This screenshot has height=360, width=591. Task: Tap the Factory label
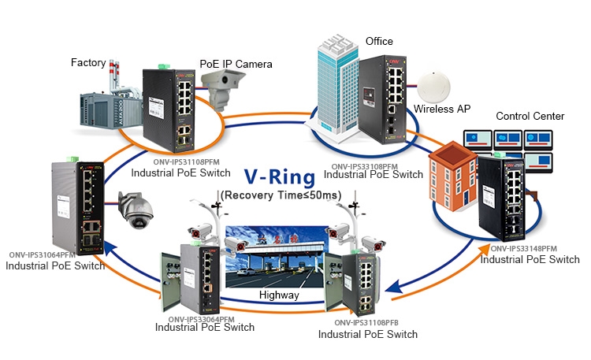point(88,61)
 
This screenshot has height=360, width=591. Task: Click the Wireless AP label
point(443,109)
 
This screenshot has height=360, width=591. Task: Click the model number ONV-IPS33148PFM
point(523,249)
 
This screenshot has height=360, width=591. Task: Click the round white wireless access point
point(433,85)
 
